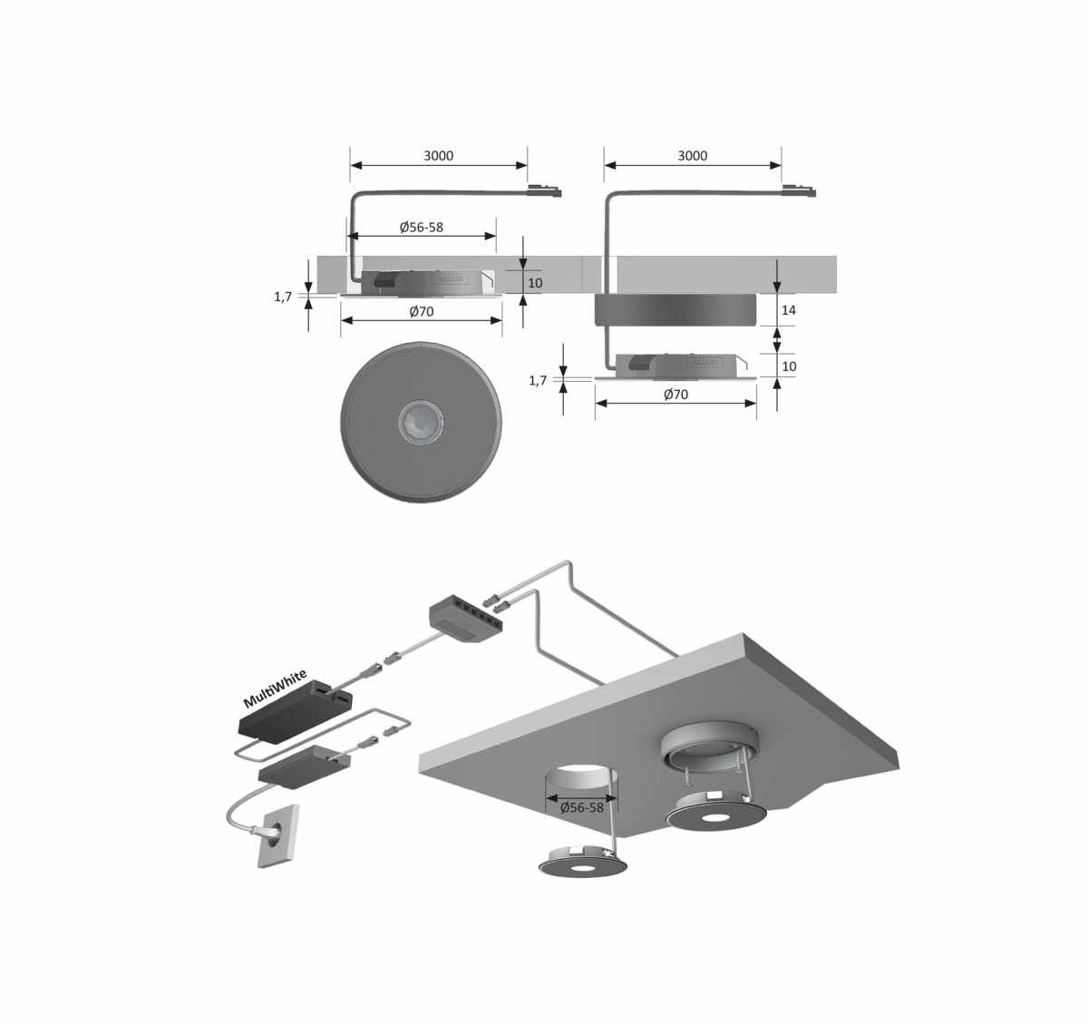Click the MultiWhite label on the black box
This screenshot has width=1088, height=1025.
click(x=275, y=688)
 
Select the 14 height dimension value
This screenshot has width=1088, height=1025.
click(x=788, y=310)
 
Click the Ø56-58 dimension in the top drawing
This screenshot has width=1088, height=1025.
click(x=422, y=227)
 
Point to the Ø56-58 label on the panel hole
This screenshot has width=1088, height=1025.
click(x=582, y=807)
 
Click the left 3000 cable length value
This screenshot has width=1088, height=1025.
click(x=438, y=156)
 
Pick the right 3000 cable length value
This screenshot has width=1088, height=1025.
click(x=693, y=156)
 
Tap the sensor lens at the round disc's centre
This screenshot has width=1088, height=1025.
click(x=421, y=422)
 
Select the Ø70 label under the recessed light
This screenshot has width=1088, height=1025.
click(x=422, y=311)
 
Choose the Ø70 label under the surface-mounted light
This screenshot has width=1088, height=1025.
click(x=675, y=394)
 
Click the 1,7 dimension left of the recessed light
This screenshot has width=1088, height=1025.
click(x=283, y=298)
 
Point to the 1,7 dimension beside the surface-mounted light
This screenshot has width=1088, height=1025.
click(x=538, y=380)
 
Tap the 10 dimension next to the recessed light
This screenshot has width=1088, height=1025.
click(x=535, y=283)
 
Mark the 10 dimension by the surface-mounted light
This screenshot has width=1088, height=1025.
click(x=789, y=366)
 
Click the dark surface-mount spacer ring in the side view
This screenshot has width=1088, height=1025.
click(x=675, y=309)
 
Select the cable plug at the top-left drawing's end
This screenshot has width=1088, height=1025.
click(x=545, y=191)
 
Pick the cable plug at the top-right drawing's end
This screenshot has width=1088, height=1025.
click(x=799, y=191)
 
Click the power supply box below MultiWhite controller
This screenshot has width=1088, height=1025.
click(x=304, y=766)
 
